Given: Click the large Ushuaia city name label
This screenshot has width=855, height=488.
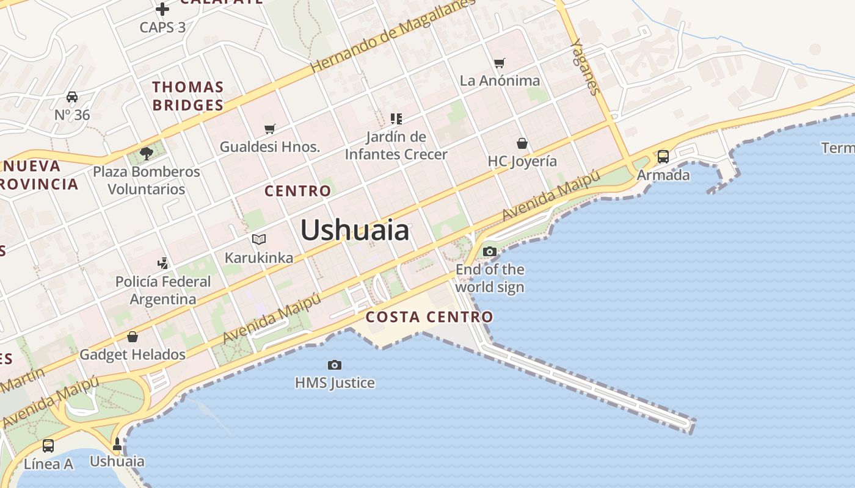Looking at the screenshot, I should click(x=355, y=231).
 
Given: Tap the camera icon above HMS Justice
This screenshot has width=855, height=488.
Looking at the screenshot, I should click(x=335, y=365).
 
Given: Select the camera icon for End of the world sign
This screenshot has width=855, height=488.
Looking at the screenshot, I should click(x=489, y=251).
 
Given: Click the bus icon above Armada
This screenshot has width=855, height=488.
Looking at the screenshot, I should click(x=663, y=157).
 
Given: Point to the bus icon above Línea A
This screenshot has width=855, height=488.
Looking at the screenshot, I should click(x=48, y=446).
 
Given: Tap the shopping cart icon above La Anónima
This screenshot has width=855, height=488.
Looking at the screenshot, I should click(x=500, y=62).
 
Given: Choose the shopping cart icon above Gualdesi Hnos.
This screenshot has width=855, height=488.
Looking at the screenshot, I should click(x=270, y=129).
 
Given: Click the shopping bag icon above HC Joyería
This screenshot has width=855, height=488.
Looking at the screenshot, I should click(x=522, y=143).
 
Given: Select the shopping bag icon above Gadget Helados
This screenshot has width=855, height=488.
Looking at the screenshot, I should click(x=133, y=336).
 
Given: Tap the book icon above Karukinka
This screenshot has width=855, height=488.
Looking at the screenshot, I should click(x=259, y=239).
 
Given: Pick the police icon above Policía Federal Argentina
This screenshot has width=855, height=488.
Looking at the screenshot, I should click(x=162, y=264).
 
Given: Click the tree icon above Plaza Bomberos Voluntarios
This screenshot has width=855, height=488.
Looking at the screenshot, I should click(x=146, y=153).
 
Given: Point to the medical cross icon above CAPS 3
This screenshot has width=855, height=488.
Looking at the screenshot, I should click(x=162, y=9).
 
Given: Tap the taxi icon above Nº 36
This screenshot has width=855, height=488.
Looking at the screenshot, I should click(x=72, y=97).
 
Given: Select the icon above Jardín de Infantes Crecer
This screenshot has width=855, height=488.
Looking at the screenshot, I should click(x=396, y=118).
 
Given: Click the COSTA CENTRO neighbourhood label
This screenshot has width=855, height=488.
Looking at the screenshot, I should click(x=429, y=317).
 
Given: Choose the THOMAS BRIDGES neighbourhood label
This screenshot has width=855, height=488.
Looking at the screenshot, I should click(x=188, y=96).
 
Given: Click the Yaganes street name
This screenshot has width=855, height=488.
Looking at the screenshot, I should click(x=584, y=67).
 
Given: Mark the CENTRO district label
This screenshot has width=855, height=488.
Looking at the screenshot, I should click(x=297, y=191).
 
